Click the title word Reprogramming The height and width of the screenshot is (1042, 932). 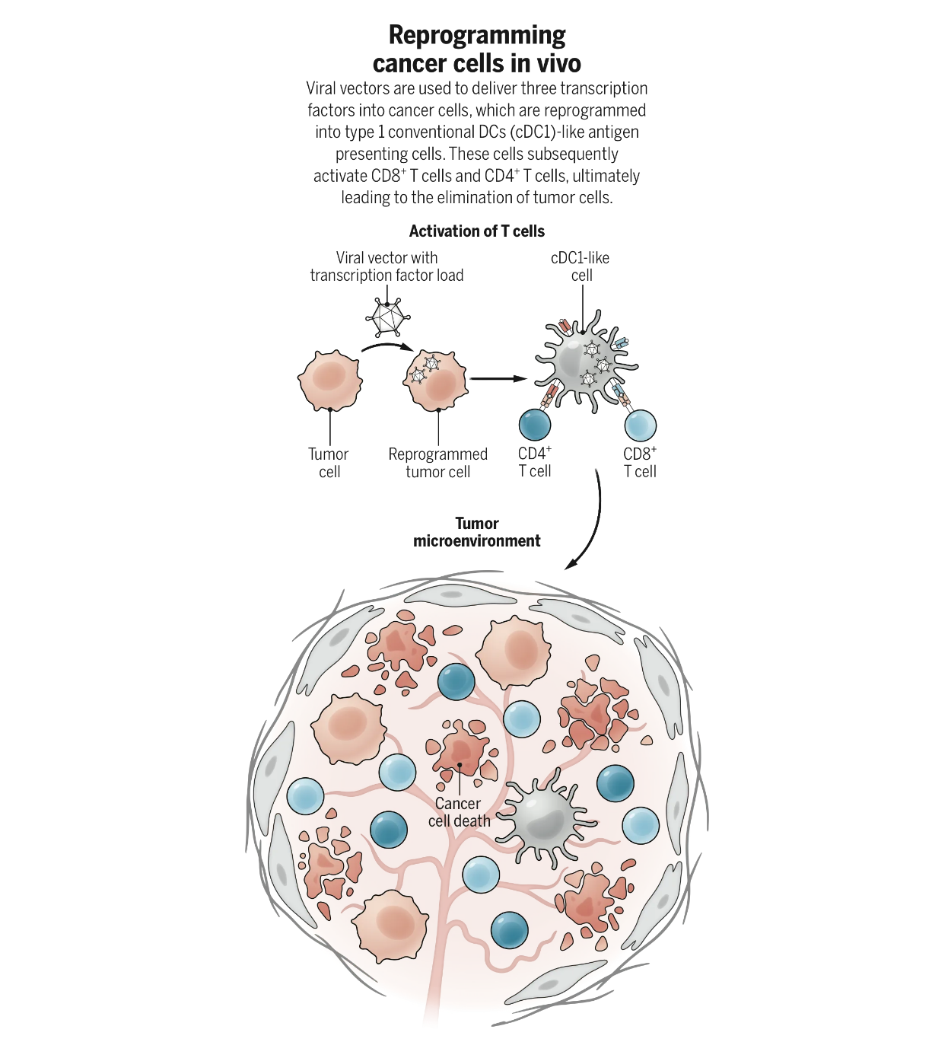point(477,35)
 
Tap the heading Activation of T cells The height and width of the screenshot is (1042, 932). point(477,231)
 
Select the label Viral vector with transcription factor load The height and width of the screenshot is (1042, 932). point(386,266)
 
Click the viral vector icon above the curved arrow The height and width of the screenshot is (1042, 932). point(387,316)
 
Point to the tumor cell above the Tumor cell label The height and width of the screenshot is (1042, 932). point(329,380)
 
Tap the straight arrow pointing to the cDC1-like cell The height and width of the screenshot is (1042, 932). point(498,378)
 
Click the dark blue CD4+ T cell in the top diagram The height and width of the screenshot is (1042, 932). point(535,425)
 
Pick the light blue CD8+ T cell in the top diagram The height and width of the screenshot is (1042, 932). point(640,425)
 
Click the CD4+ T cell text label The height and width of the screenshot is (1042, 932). point(535,462)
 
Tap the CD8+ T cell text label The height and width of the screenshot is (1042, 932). point(640,462)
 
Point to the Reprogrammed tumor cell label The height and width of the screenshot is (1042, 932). point(437,463)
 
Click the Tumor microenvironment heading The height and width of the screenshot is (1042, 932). point(477,532)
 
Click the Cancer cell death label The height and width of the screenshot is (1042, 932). point(459,812)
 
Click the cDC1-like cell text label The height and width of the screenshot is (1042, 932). point(581,266)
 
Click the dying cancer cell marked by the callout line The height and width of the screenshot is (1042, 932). point(460,750)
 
